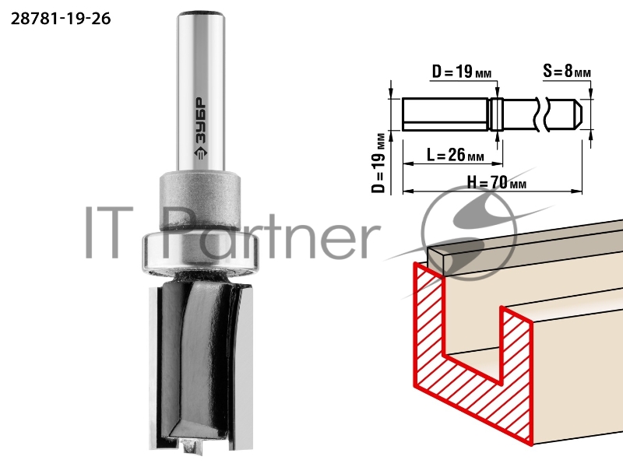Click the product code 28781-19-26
coord(61,19)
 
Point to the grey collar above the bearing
coord(200,201)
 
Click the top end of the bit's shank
coord(201,16)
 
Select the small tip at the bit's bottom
coord(192,446)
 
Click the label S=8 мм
coord(567,72)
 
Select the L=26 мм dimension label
coord(456,155)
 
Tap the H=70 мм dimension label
coord(497,183)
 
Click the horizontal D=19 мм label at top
coord(462,72)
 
